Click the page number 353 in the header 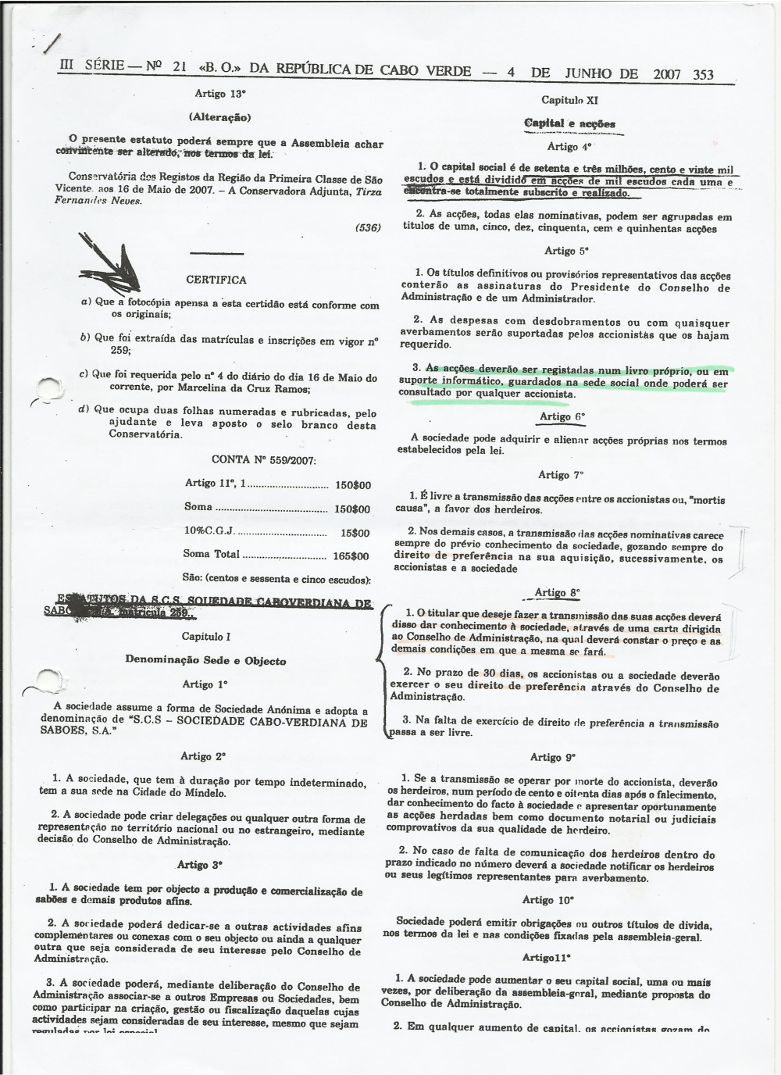703,75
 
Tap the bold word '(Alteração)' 219,117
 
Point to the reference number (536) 367,227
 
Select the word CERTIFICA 216,280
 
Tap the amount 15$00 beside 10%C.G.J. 354,533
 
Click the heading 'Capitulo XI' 569,100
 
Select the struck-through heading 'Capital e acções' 569,123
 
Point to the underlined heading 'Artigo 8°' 558,592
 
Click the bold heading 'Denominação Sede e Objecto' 205,660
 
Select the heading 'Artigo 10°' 548,899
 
